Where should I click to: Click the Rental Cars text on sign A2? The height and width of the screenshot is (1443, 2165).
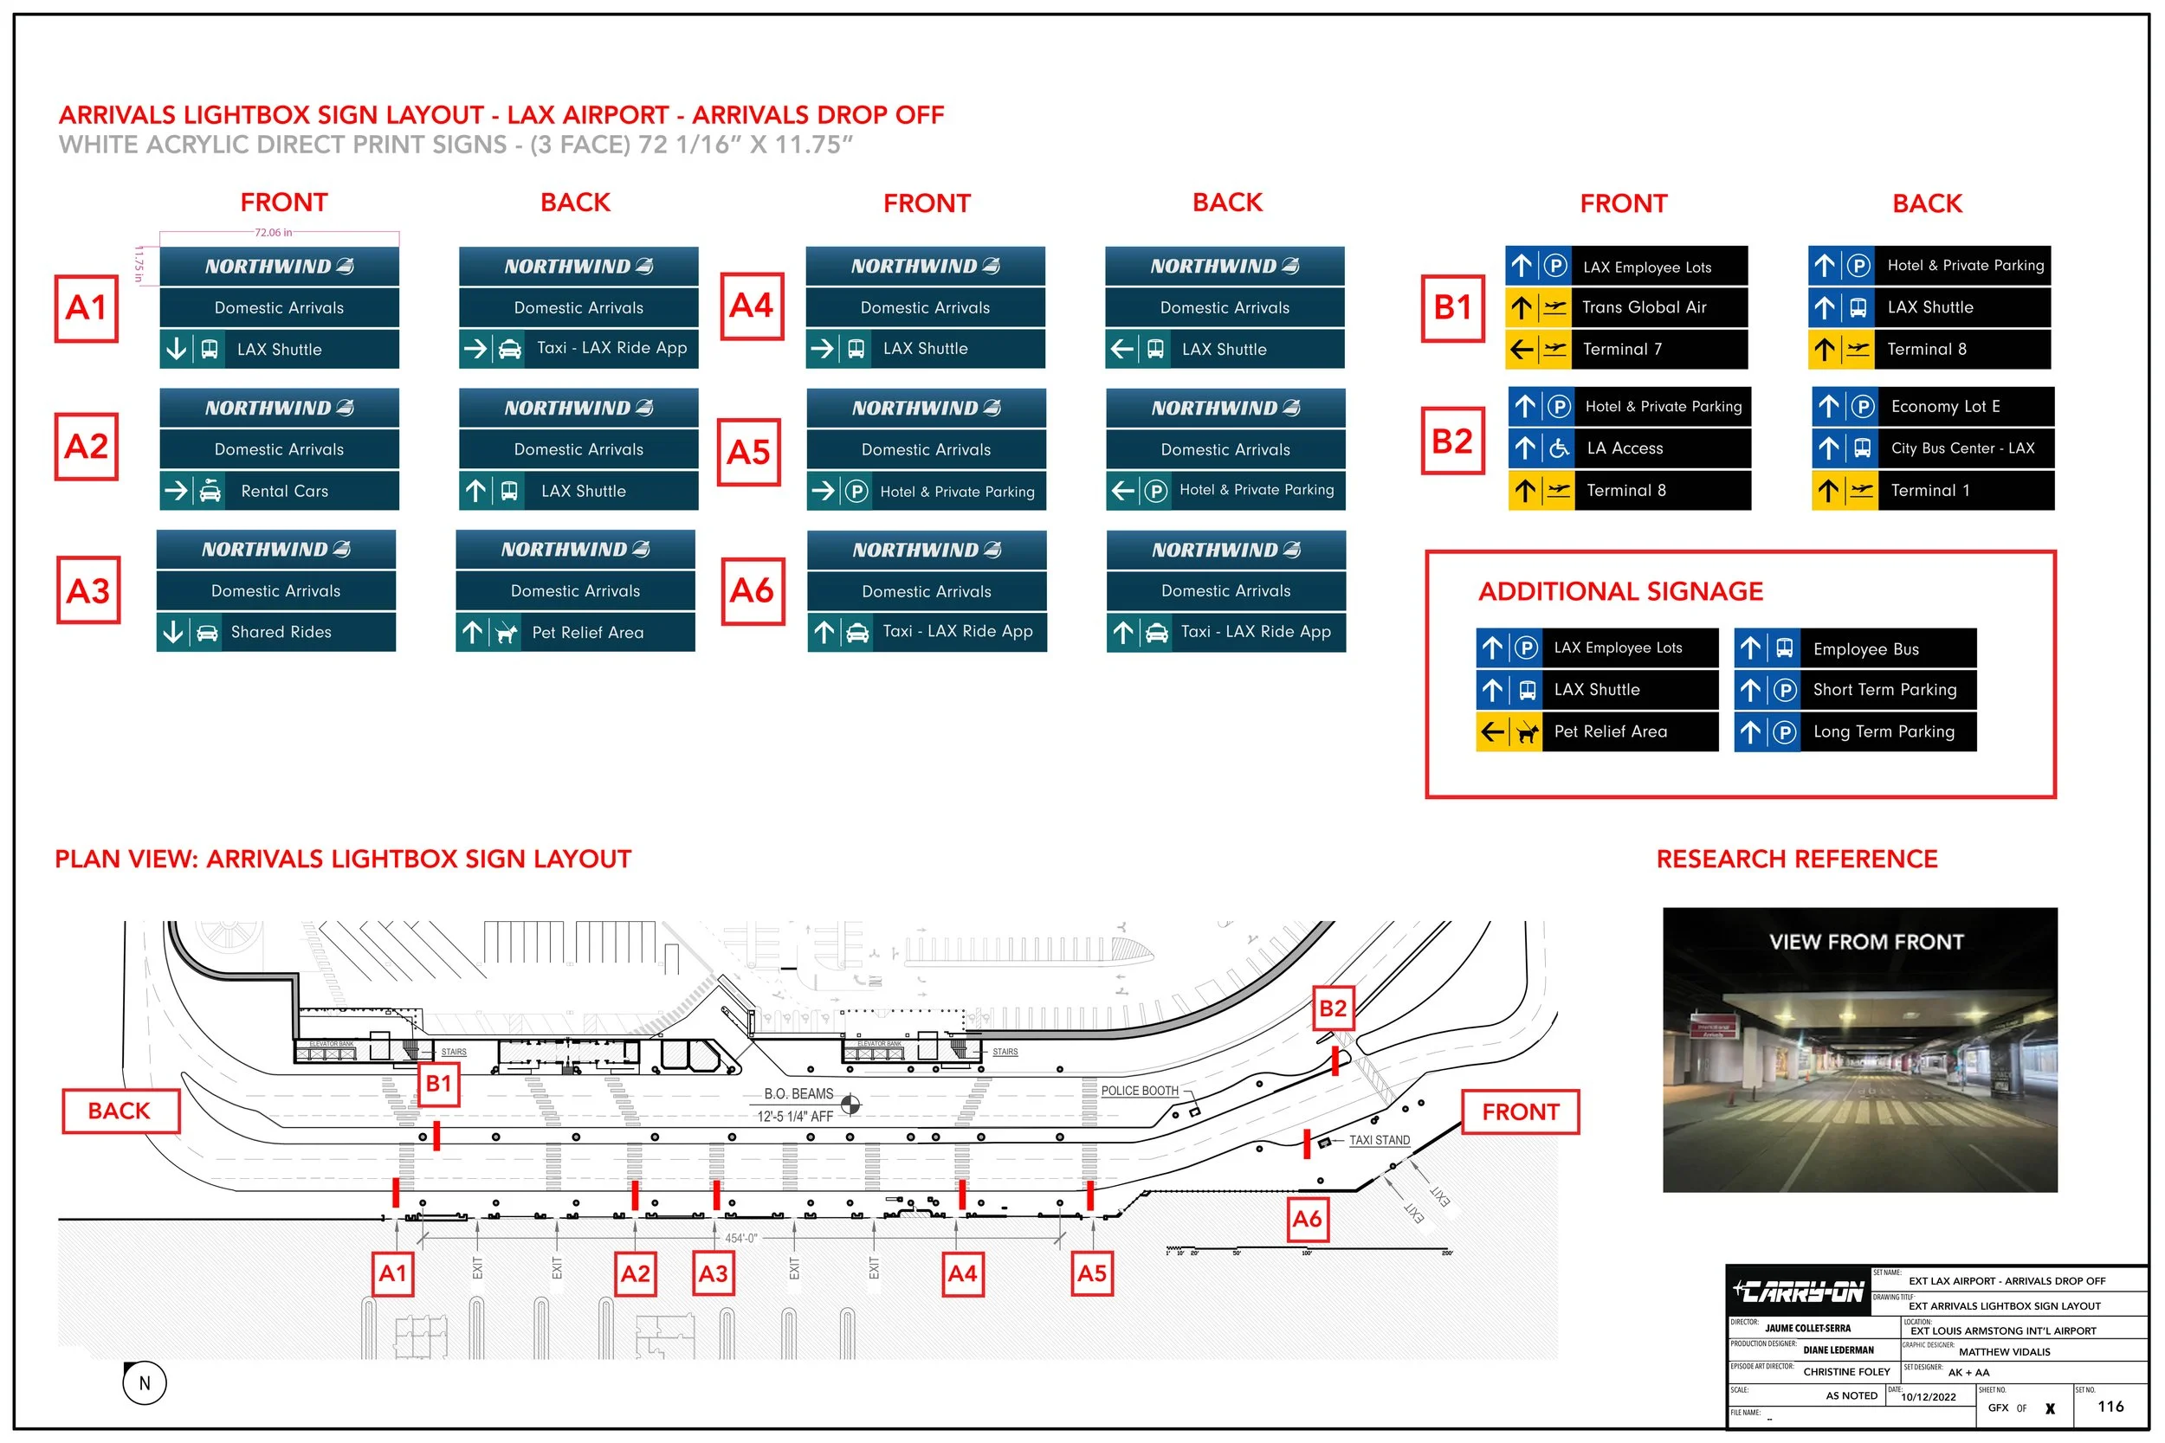point(284,492)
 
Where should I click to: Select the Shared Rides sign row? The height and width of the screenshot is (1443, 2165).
point(276,632)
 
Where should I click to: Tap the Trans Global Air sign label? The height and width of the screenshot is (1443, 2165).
point(1644,307)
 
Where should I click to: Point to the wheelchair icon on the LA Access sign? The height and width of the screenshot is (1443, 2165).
point(1559,448)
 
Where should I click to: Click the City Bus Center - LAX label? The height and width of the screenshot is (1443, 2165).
point(1962,448)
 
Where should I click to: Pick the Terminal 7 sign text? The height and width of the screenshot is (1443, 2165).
point(1622,350)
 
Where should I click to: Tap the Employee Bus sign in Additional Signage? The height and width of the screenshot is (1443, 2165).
point(1866,649)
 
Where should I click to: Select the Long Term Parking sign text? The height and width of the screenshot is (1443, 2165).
point(1884,731)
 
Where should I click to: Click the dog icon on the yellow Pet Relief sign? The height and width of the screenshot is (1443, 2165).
point(1527,732)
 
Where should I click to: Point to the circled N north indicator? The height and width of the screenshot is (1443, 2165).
point(145,1382)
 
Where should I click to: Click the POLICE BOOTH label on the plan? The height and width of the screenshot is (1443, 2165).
point(1140,1091)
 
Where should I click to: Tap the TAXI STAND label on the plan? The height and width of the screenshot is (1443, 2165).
point(1379,1140)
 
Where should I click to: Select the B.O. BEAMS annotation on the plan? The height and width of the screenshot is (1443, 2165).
point(798,1094)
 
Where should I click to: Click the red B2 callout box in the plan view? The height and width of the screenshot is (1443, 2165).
point(1332,1008)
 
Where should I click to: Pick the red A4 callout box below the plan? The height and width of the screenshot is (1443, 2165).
point(962,1273)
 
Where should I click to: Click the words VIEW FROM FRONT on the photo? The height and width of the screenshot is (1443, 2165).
point(1866,942)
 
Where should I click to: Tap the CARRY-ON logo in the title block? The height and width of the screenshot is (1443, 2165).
point(1798,1292)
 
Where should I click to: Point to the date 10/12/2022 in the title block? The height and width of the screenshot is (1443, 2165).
point(1929,1397)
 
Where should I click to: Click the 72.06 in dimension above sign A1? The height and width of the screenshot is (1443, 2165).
point(274,233)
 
